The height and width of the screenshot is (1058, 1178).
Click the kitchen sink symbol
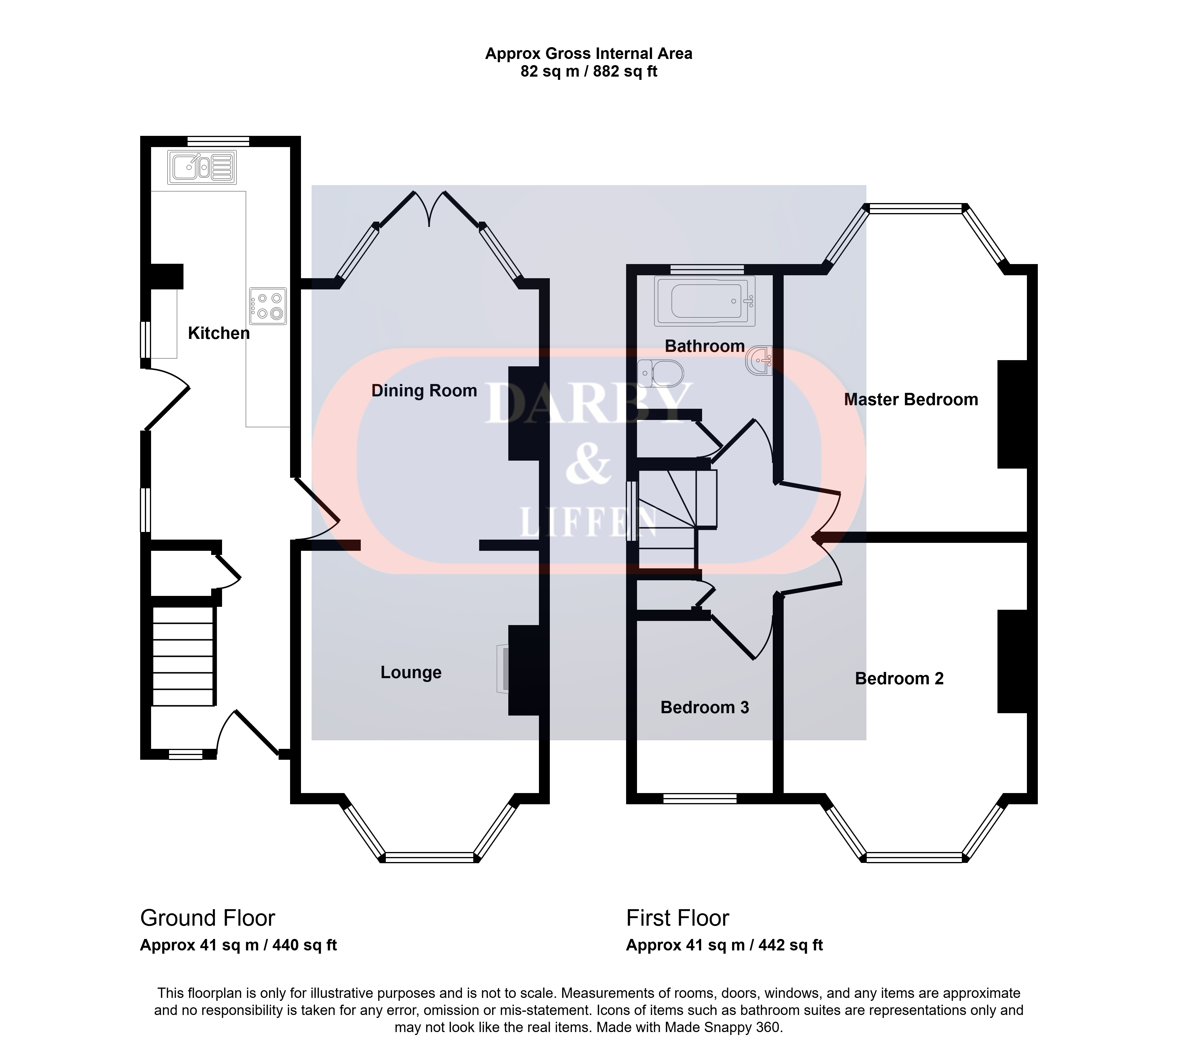(202, 167)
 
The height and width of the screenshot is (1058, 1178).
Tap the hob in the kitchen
(268, 306)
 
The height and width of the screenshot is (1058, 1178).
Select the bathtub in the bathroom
(705, 301)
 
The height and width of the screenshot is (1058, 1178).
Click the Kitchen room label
(219, 333)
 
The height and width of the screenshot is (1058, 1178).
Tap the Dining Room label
(424, 391)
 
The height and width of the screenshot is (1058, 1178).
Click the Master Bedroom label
(911, 399)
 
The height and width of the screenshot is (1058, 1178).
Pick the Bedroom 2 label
(899, 678)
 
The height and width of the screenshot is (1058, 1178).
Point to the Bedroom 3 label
(705, 708)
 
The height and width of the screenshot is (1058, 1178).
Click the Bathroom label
(705, 346)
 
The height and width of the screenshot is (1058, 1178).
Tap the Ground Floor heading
(207, 918)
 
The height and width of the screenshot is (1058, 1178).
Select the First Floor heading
(677, 918)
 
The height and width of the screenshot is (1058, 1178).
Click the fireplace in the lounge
(503, 668)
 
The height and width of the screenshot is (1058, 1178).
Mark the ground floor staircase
(183, 656)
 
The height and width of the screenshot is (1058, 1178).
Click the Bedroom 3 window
(700, 799)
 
